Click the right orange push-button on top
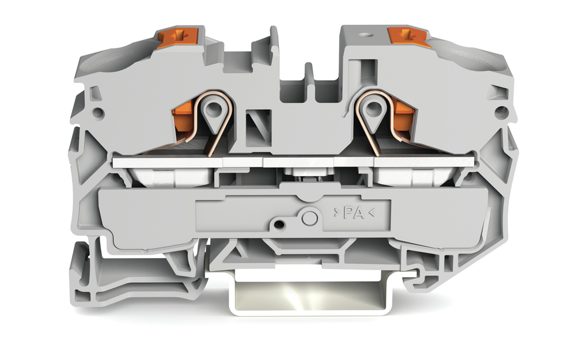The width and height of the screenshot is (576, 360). pyautogui.click(x=408, y=37)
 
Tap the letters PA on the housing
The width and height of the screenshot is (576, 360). pyautogui.click(x=354, y=213)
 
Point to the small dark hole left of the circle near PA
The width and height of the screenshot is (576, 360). pyautogui.click(x=279, y=224)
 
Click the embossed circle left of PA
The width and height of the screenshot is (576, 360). pyautogui.click(x=310, y=218)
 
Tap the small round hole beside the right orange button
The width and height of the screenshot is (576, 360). pyautogui.click(x=366, y=36)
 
